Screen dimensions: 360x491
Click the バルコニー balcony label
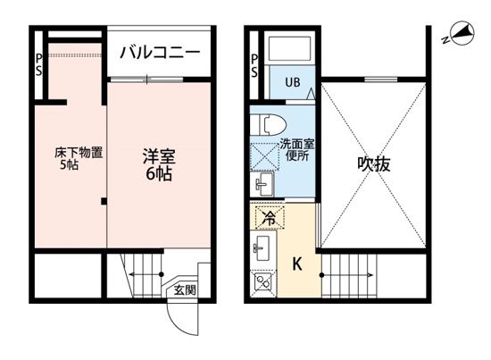click(x=161, y=53)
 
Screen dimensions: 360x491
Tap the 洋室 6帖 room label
click(x=160, y=164)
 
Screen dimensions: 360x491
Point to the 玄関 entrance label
click(x=185, y=289)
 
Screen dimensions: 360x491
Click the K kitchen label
click(x=297, y=264)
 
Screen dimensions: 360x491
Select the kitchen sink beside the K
click(x=263, y=247)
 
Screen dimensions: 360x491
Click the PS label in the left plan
click(x=38, y=64)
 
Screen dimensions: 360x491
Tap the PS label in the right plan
click(x=254, y=64)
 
